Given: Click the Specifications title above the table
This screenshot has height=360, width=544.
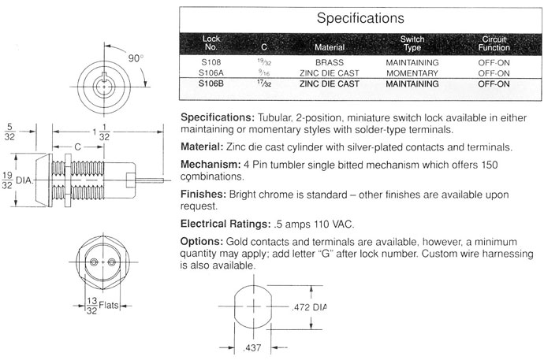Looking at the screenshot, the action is [x=360, y=18].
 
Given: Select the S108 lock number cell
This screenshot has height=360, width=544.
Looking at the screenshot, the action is [x=211, y=62].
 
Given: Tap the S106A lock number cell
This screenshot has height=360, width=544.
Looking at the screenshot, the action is [x=211, y=73].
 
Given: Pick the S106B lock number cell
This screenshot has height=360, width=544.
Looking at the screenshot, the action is [x=211, y=84].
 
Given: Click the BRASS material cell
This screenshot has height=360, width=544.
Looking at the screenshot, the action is [x=330, y=63].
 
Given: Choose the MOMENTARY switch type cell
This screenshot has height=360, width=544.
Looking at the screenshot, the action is [x=412, y=73].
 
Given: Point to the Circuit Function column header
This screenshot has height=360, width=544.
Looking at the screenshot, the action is [x=494, y=43].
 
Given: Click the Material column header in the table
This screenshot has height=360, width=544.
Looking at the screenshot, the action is [x=330, y=47].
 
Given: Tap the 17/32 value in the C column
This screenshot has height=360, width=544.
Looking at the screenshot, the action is [x=264, y=84].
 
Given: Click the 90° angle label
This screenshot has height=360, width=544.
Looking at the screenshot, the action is [x=136, y=58].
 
